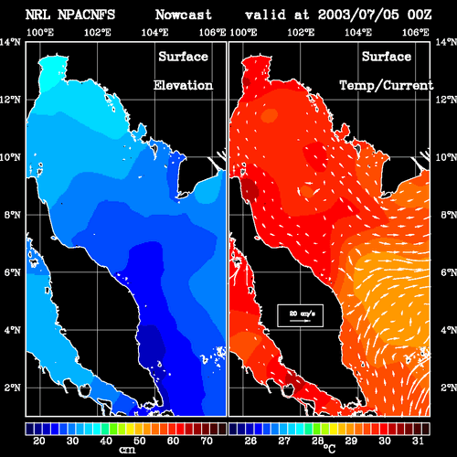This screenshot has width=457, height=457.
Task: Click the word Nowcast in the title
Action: pos(184,15)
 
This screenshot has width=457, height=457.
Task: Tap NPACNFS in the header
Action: pos(86,15)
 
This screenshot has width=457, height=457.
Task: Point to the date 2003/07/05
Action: pos(358,15)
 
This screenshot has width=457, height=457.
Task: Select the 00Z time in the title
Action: pos(420,15)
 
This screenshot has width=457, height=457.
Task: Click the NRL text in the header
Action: pos(37,15)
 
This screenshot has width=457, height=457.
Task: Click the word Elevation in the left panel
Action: pos(183,85)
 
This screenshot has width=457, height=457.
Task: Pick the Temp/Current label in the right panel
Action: pos(387,86)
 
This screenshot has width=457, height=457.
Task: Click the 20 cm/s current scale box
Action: pos(300,315)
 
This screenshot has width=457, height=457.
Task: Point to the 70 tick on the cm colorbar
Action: pos(207,441)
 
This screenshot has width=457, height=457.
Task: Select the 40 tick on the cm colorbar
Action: pos(106,441)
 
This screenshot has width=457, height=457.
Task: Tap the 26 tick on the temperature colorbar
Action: pos(250,441)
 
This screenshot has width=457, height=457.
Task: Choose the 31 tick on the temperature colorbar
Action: pos(418,441)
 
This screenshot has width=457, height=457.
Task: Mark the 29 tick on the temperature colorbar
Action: pos(351,441)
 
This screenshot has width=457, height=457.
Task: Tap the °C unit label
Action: pos(329,449)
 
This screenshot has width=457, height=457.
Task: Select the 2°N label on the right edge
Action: pos(449,388)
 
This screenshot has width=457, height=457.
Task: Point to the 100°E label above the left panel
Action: pos(40,32)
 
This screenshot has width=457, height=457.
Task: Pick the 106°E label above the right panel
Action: pos(416,32)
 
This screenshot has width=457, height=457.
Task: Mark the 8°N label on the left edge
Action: pos(12,215)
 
